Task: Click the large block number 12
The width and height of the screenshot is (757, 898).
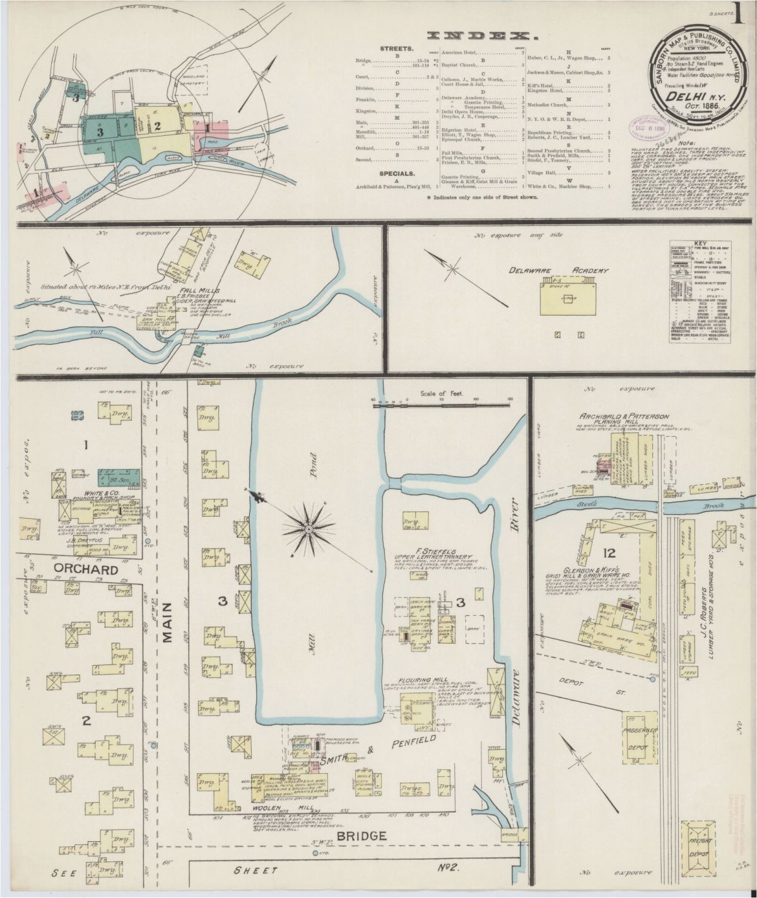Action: (x=609, y=554)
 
